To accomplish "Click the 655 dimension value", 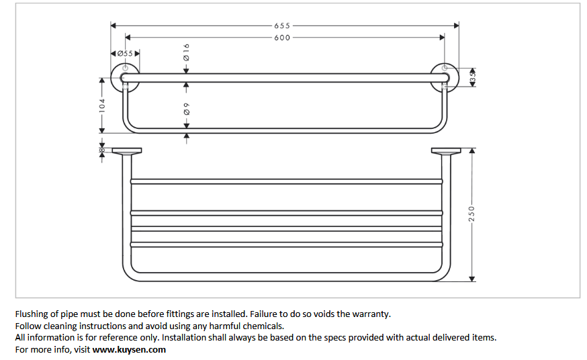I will [282, 26].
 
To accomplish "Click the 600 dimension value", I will [282, 38].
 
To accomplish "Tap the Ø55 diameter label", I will [125, 52].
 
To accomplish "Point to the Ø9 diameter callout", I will [187, 108].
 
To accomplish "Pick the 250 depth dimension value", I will [471, 213].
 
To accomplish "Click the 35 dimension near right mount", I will [472, 77].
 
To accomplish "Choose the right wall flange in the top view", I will [445, 151].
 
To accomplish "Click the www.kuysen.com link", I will [129, 349].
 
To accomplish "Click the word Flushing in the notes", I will [32, 314].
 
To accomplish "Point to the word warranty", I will [371, 314].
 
